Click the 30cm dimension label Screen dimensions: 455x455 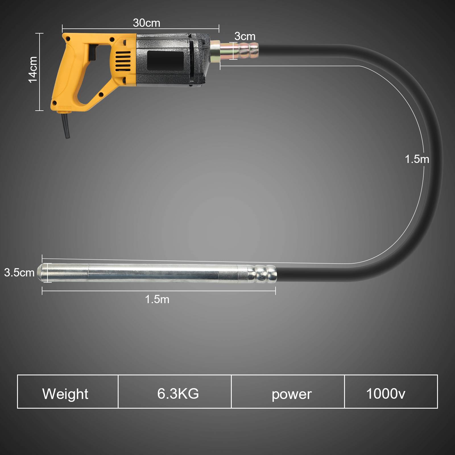(x=146, y=23)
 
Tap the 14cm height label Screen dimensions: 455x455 (x=33, y=70)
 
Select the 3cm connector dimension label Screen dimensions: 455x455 (x=245, y=36)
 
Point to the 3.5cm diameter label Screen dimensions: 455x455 (x=19, y=272)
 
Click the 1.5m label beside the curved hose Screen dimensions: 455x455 (x=417, y=159)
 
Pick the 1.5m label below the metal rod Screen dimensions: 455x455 (x=157, y=299)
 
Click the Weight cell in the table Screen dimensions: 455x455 (x=65, y=394)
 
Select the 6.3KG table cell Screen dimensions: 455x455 (x=178, y=394)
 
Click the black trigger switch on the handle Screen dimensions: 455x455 (x=92, y=53)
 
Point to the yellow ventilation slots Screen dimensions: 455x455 (x=123, y=61)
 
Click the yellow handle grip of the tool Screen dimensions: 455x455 (x=67, y=77)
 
